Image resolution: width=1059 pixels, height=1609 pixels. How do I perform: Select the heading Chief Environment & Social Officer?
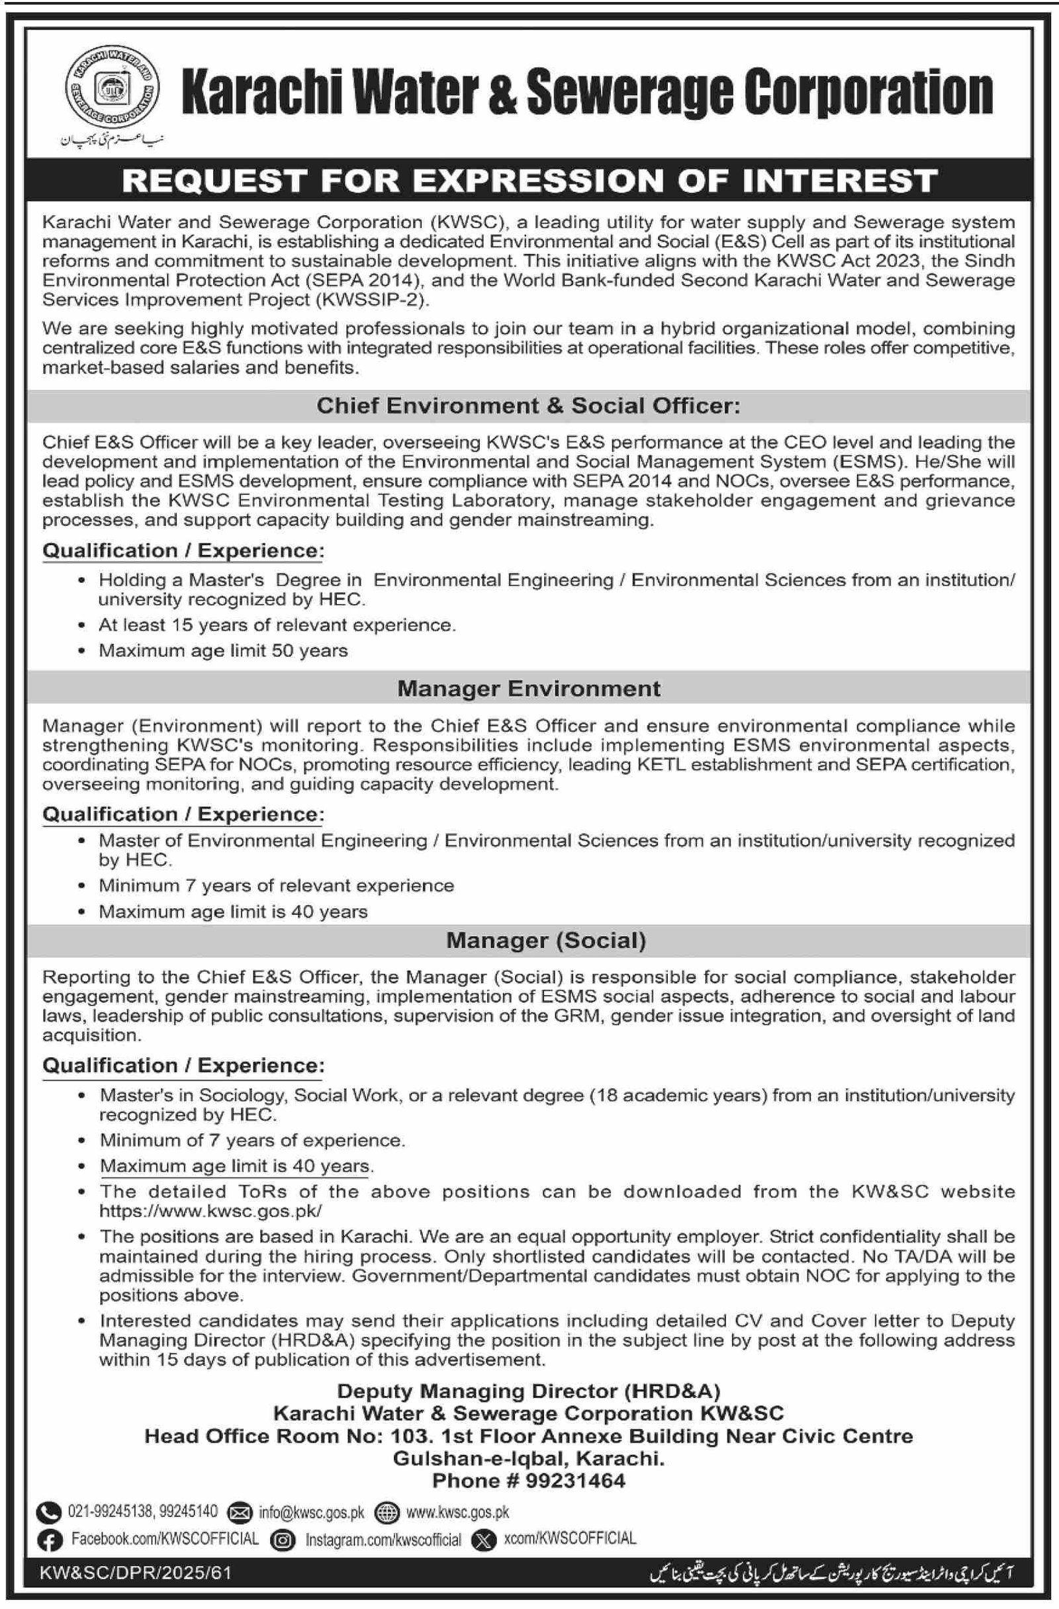528,406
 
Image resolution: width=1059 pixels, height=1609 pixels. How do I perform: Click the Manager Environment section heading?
528,688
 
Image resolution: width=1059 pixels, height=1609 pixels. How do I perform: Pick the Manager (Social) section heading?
546,940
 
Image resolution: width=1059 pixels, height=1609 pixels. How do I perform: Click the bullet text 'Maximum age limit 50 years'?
223,650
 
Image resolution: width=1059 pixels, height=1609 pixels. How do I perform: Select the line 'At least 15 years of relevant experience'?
277,625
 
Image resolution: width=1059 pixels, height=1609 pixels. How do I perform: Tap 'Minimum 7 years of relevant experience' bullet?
276,886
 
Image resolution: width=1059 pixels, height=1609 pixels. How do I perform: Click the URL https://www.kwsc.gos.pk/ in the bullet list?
210,1211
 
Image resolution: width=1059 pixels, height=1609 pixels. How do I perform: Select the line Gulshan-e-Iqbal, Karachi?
528,1459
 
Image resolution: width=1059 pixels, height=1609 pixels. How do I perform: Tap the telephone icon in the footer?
49,1512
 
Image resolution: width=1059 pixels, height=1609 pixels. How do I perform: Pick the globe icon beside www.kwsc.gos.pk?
386,1512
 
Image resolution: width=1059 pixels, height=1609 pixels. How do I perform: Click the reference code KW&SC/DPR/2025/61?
135,1573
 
